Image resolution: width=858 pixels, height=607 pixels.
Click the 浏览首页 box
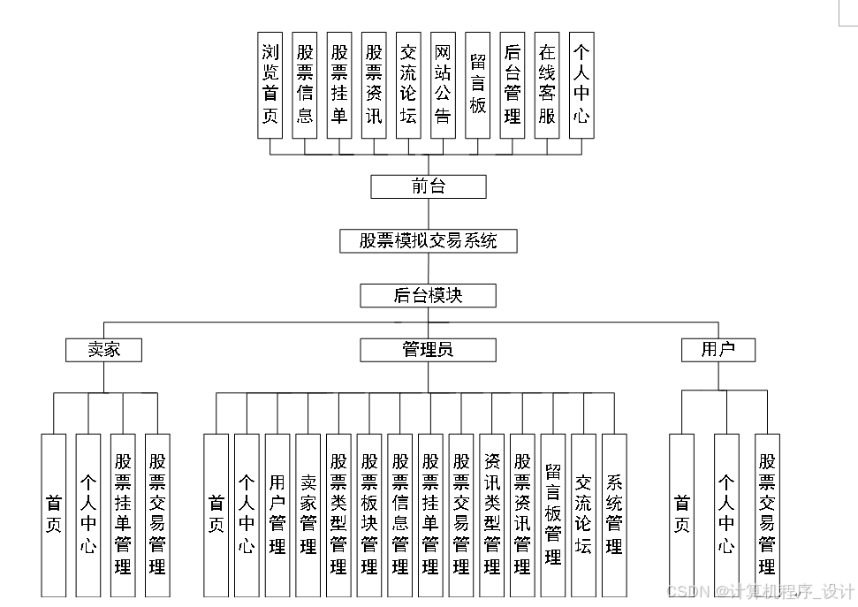pos(270,85)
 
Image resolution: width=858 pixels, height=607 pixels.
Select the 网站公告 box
pos(443,85)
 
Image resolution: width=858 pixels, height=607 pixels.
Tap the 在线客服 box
pos(547,85)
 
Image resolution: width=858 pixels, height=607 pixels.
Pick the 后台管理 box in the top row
pos(513,85)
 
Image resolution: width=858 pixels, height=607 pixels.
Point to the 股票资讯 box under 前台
pos(374,85)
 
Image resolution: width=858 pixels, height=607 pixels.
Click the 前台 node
pos(429,186)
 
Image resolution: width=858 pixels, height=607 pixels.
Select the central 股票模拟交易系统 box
pos(429,240)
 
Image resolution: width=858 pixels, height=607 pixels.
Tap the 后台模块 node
pos(429,295)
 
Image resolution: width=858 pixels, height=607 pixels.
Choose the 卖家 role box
pos(104,350)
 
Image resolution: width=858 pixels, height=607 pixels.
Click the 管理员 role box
pos(429,350)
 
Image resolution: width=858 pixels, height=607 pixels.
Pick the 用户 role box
pos(718,350)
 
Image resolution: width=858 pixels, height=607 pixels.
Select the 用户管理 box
pos(277,515)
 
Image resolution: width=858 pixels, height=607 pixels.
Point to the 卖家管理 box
pos(308,515)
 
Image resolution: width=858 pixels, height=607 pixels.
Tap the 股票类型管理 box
pos(338,515)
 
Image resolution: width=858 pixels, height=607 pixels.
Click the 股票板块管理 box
pos(369,515)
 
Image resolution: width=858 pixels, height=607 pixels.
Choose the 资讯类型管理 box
pos(492,515)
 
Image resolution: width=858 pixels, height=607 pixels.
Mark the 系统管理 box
pos(614,515)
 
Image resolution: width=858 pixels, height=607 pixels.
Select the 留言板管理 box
pos(553,515)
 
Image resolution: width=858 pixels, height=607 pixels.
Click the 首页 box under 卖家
pos(54,515)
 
